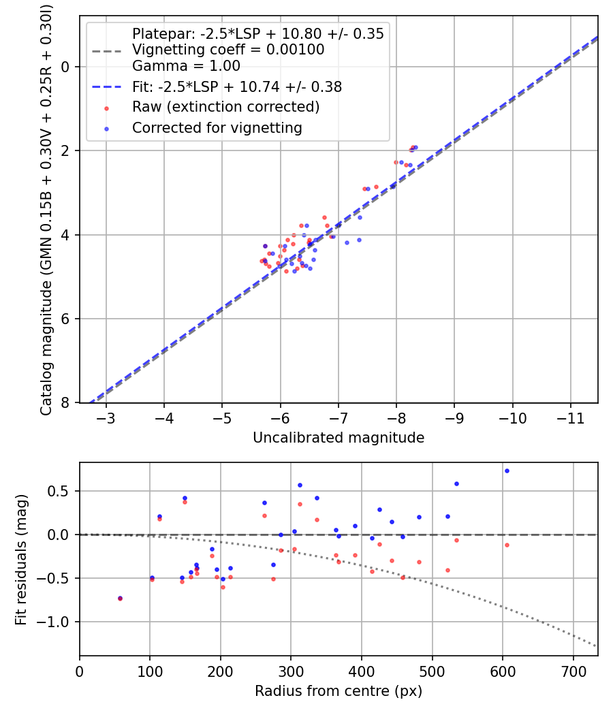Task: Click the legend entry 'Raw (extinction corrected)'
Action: coord(225,107)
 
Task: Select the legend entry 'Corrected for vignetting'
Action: coord(217,127)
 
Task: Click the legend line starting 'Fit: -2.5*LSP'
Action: coord(236,86)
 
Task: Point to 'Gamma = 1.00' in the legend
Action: coord(186,66)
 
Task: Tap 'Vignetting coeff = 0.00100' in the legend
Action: coord(227,50)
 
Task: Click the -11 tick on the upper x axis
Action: coord(571,417)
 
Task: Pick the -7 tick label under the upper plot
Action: coord(339,417)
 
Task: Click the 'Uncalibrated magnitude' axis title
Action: coord(339,438)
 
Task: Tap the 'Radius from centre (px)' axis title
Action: coord(339,691)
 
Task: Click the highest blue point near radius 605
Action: coord(507,471)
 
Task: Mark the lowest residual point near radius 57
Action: coord(120,599)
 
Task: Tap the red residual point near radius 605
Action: coord(507,545)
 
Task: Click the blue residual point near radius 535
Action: coord(456,483)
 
